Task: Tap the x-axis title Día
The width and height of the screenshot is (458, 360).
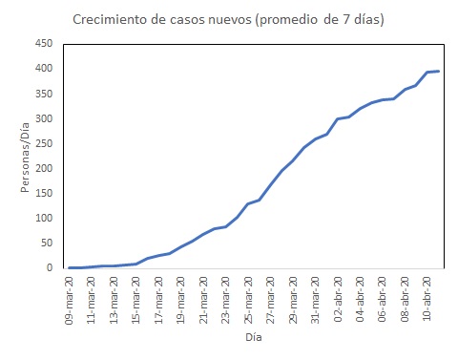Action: (252, 336)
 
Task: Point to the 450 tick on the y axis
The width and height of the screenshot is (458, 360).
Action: (43, 44)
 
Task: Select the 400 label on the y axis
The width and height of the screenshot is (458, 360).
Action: (43, 69)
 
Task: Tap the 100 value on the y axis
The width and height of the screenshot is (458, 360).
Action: (43, 218)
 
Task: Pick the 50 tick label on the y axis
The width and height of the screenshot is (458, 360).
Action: (46, 243)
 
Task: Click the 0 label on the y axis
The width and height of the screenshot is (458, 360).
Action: (49, 268)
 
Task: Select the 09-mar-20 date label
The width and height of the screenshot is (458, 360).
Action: (70, 297)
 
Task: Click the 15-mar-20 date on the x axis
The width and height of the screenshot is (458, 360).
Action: (136, 297)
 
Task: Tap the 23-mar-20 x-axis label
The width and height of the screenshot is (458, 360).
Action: (226, 297)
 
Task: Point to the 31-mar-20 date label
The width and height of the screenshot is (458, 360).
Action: (316, 297)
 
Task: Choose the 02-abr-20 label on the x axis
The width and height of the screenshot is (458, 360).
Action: (338, 297)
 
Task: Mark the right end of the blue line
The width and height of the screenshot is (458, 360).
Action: (438, 71)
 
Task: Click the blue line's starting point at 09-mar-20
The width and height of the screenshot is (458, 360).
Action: (70, 267)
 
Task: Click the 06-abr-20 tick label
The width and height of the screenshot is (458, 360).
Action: (383, 297)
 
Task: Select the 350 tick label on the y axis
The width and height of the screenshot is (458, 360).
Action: (43, 94)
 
